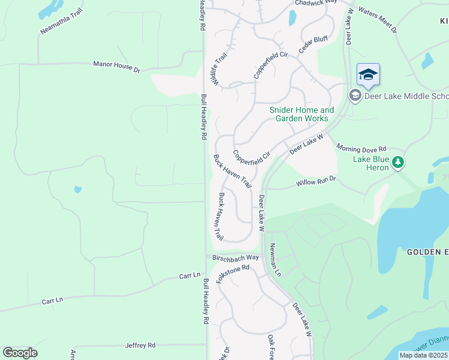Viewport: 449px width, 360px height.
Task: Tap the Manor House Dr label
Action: click(116, 66)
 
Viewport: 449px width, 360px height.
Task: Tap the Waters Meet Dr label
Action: click(376, 19)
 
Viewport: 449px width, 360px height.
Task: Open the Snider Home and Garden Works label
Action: click(301, 114)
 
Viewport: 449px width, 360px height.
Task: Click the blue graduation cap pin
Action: click(368, 74)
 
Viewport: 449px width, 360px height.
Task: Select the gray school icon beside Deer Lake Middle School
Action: click(355, 95)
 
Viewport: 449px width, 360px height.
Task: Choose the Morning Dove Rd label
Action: click(361, 148)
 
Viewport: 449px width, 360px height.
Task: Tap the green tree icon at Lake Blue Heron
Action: click(397, 162)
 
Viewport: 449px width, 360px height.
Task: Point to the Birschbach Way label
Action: click(235, 257)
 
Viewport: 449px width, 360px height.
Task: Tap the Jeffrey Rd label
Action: click(140, 345)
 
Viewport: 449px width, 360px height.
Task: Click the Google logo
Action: click(20, 353)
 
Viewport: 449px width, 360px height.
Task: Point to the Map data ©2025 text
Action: click(423, 355)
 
